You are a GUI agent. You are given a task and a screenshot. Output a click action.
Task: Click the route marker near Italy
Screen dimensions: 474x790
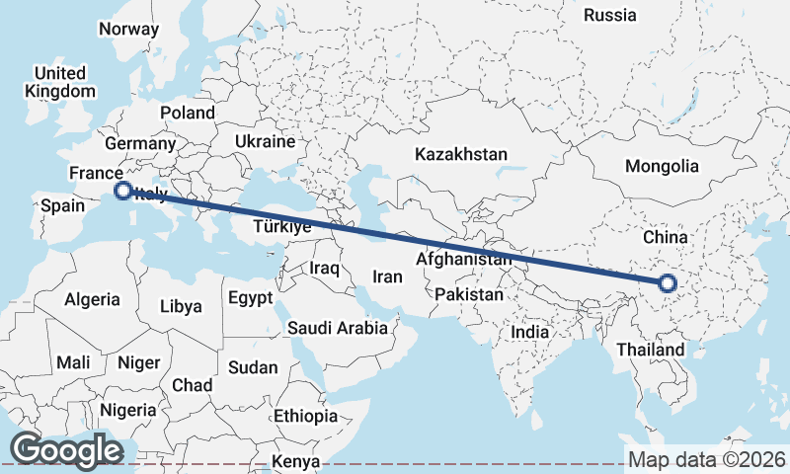123,191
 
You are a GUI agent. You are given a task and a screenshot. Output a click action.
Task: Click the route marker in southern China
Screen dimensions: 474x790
667,284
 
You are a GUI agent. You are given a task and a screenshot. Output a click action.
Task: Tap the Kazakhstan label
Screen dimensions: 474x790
461,155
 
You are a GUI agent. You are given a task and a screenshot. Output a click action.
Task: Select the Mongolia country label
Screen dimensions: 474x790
661,167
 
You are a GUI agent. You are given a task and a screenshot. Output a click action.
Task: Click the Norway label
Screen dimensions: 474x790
128,29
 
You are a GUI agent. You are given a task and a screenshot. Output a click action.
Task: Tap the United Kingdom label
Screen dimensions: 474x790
60,82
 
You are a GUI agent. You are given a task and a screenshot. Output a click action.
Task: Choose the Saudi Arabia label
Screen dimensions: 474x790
338,328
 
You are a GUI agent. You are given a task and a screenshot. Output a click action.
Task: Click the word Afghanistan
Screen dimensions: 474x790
464,260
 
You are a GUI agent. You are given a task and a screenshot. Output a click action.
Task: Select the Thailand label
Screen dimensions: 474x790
650,350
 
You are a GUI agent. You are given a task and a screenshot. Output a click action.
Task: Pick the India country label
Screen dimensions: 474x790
530,332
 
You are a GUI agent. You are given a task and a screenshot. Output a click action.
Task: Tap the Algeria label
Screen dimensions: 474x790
92,299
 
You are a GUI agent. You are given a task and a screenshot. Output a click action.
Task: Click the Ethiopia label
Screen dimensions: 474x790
306,416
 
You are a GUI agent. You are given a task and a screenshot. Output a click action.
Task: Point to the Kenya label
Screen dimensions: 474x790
296,461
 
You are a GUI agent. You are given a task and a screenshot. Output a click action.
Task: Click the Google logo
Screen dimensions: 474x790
66,450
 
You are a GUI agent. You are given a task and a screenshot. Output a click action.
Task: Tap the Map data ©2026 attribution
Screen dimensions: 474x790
706,459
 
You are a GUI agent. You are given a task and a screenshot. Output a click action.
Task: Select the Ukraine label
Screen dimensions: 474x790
265,142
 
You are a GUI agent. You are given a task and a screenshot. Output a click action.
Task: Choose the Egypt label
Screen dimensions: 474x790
249,297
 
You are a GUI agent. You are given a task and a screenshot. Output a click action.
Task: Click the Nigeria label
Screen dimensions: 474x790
126,410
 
